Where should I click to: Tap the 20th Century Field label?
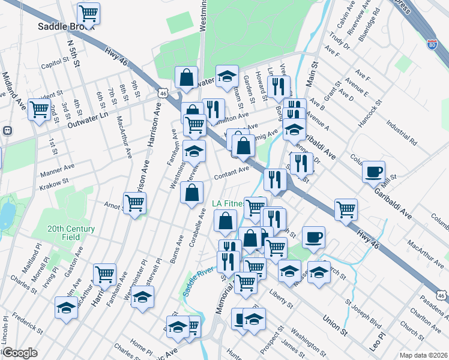coord(71,233)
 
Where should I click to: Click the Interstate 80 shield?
coord(432,44)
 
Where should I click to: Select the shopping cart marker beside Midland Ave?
coord(40,109)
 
